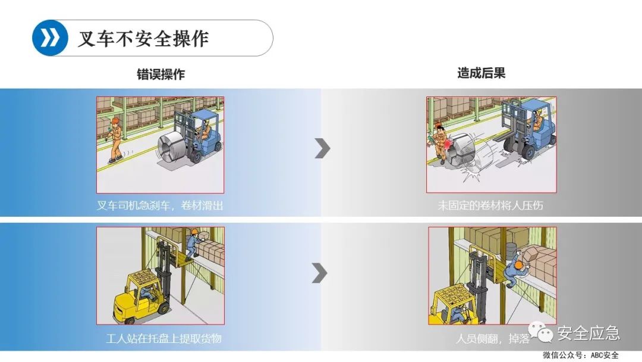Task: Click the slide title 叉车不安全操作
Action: click(x=143, y=38)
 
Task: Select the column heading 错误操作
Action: click(x=160, y=74)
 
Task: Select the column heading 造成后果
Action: click(x=481, y=73)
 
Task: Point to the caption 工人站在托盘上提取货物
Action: click(x=163, y=338)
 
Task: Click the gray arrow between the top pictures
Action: click(x=322, y=148)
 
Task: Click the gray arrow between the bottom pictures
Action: click(x=320, y=273)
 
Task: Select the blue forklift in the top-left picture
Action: click(x=202, y=134)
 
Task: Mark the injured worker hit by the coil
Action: click(x=440, y=143)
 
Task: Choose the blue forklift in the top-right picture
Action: click(x=526, y=131)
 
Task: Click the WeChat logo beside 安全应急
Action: click(x=542, y=334)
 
